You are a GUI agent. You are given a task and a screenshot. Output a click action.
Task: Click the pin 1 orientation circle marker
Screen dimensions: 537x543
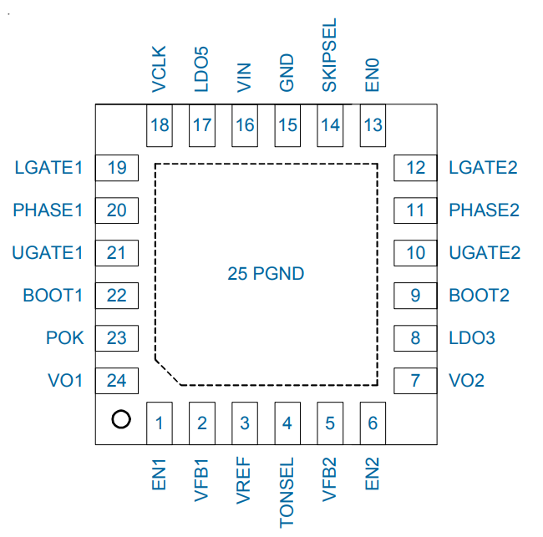pos(120,419)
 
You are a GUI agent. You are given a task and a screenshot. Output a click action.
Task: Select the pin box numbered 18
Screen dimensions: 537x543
pos(159,125)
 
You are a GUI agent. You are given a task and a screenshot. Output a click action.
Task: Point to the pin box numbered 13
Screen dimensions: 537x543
pos(373,125)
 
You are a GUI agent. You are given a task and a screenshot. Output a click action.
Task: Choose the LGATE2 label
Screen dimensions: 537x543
pos(483,168)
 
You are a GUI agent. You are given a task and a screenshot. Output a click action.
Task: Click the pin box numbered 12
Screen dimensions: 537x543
pos(415,168)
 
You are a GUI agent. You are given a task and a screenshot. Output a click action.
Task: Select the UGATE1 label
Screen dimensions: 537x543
pos(48,252)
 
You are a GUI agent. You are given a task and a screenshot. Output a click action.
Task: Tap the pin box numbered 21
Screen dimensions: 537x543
pos(117,252)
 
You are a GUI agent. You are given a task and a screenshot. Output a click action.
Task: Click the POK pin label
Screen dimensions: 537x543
pos(65,338)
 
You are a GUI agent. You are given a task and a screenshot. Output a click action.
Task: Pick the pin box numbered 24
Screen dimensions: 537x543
pos(117,381)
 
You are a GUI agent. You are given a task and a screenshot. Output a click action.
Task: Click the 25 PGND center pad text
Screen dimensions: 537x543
pos(266,274)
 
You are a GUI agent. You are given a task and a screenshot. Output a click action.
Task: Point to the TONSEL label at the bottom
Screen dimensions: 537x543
pos(287,493)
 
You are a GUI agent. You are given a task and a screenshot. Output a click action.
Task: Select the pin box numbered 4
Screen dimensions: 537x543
pos(287,423)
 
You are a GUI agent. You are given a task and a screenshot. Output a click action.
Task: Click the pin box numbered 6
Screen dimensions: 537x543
pos(373,423)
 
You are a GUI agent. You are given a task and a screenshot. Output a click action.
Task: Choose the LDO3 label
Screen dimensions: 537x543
pos(472,338)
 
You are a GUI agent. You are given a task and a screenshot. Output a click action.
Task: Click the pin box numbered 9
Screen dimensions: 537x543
pos(415,295)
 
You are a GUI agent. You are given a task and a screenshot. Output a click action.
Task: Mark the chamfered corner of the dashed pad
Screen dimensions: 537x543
pos(168,372)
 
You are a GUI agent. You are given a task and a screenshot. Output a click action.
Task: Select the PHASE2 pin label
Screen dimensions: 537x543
pos(483,210)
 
